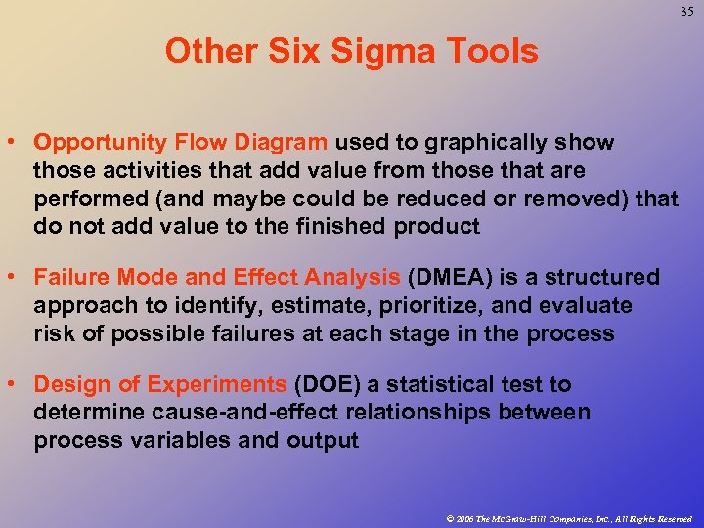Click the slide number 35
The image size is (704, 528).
682,13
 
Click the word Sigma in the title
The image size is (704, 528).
376,51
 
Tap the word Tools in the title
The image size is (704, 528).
492,51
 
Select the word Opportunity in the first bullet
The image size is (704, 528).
90,143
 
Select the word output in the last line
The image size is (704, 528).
323,441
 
